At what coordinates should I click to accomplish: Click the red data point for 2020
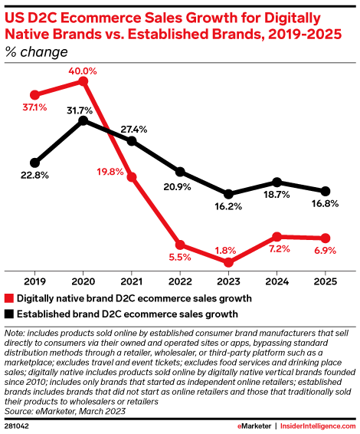coord(83,81)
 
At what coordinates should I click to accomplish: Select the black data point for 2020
coord(83,120)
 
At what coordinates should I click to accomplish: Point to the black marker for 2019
coord(34,163)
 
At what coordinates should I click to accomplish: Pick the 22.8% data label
coord(34,176)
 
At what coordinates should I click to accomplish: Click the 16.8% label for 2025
coord(325,204)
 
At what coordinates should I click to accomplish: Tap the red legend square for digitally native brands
coord(9,298)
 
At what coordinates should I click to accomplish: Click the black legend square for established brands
coord(9,314)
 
